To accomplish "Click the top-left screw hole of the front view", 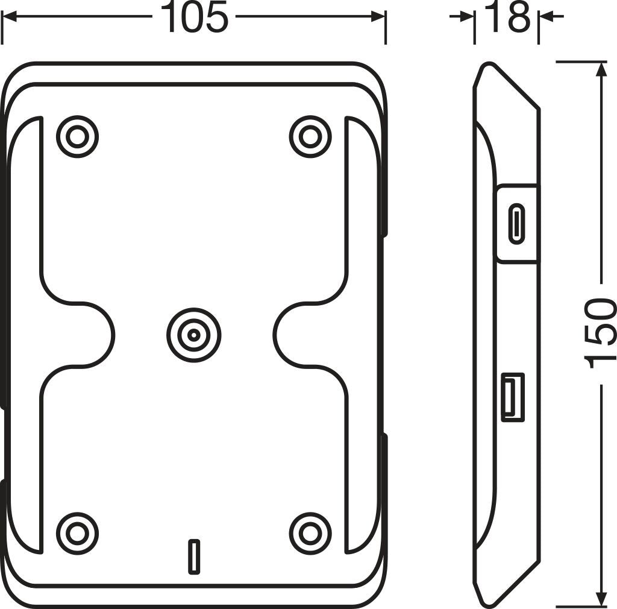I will click(x=77, y=137).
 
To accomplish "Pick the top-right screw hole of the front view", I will click(x=310, y=137).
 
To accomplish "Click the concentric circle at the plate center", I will click(x=193, y=335).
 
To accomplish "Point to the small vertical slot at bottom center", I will click(x=193, y=555).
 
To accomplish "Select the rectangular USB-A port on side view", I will click(x=513, y=397).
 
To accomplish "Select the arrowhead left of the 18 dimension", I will click(x=468, y=17).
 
